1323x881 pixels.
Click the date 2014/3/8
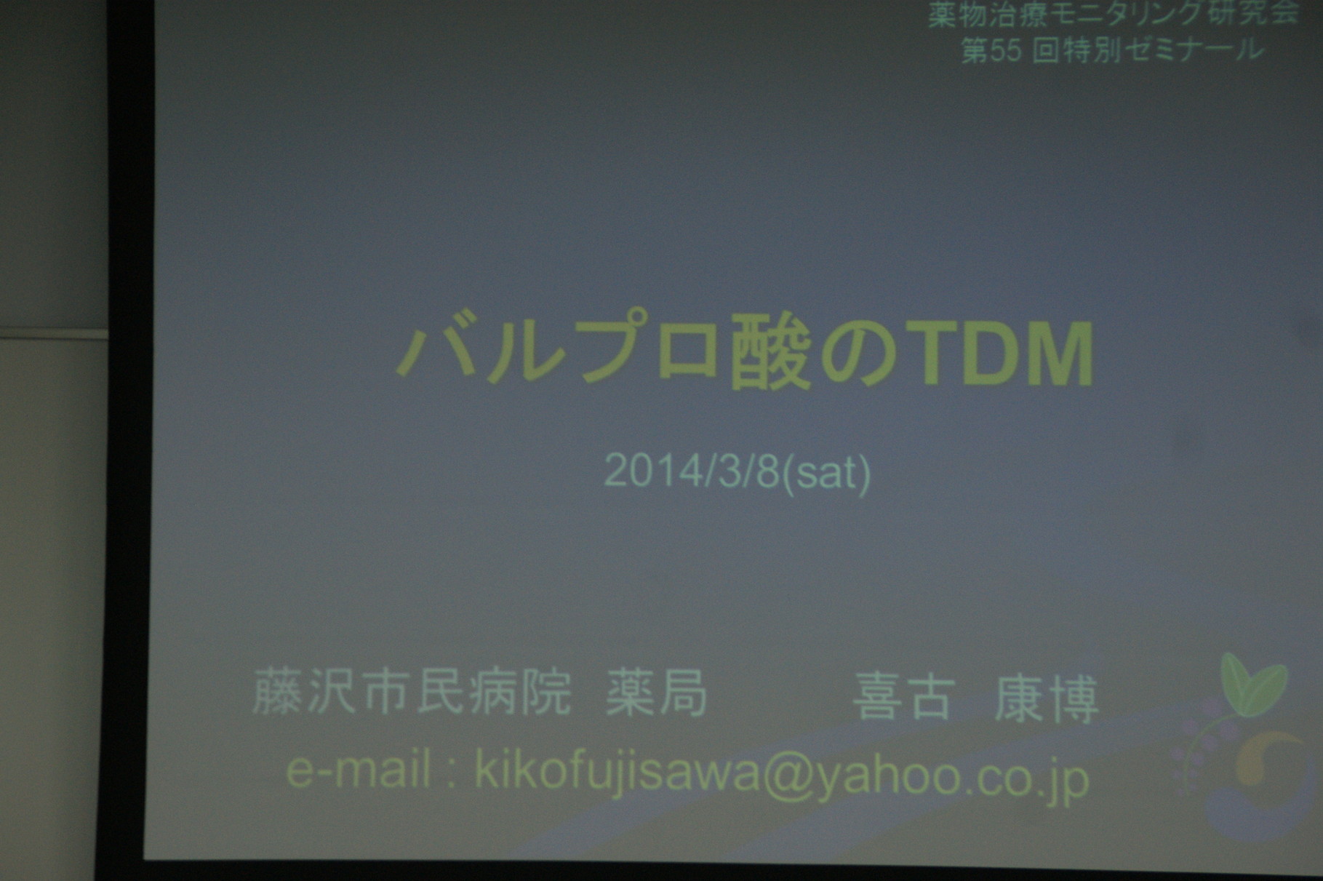tap(692, 473)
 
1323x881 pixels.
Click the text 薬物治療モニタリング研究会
tap(1113, 14)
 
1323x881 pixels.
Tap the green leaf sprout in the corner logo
tap(1252, 684)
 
